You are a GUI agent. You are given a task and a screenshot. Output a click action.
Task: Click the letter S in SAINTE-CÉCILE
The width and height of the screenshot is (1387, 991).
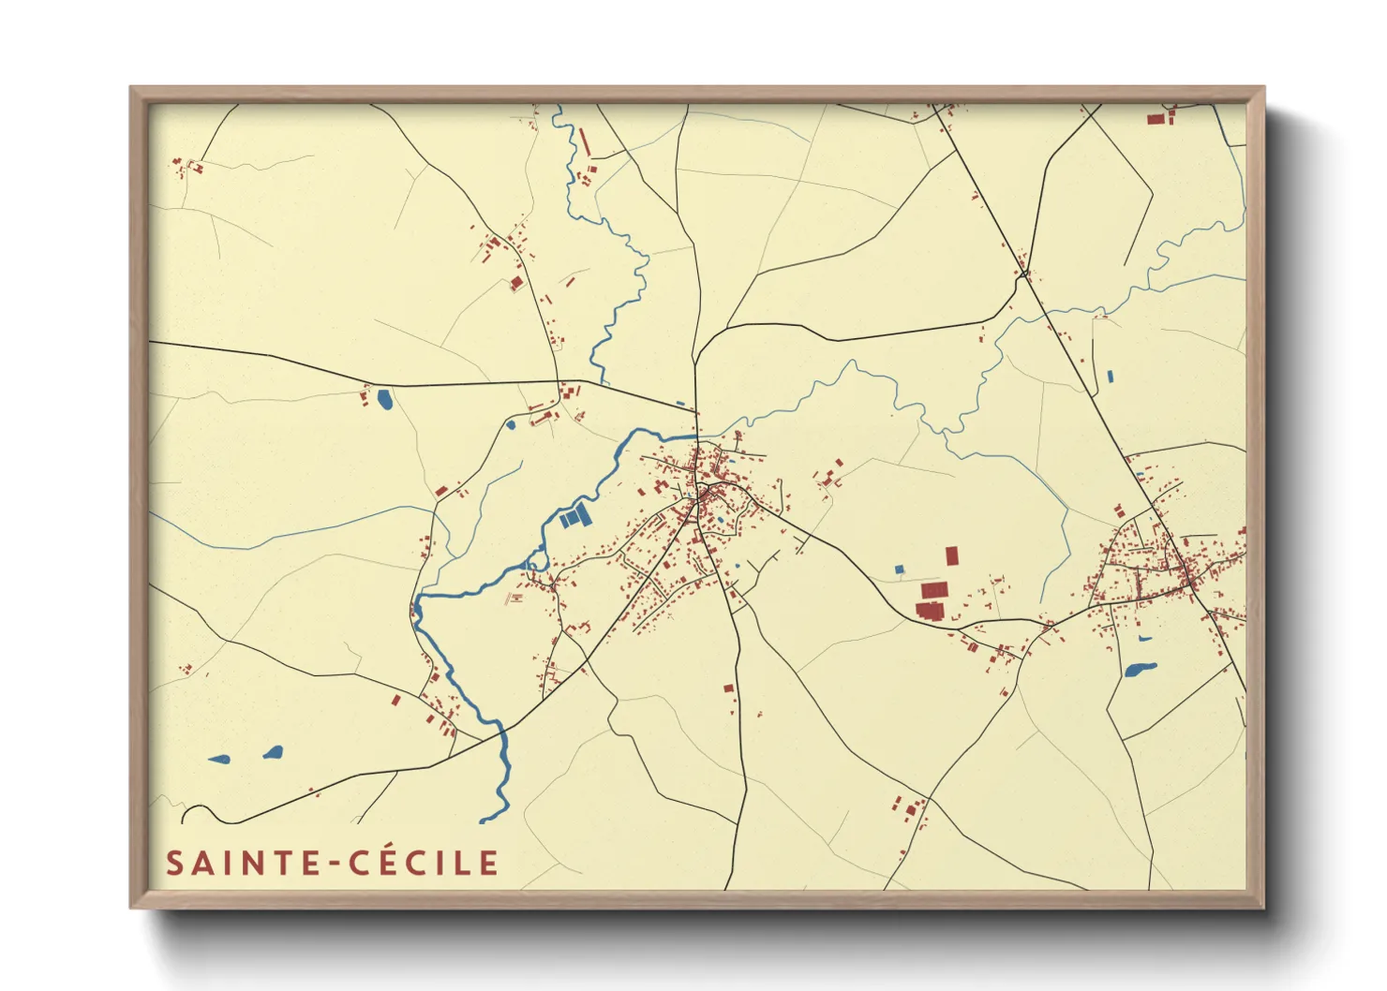[174, 863]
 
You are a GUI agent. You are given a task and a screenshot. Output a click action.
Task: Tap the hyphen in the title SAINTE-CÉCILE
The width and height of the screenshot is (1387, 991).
[335, 865]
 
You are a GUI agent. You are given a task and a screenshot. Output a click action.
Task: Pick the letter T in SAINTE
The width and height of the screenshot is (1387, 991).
[282, 863]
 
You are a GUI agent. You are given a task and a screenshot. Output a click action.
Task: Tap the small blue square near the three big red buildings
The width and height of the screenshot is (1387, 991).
[900, 569]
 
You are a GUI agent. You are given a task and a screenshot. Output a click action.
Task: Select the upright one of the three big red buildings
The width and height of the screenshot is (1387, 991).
[952, 555]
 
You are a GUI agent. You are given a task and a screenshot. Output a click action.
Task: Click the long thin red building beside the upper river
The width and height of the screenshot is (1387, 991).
[586, 142]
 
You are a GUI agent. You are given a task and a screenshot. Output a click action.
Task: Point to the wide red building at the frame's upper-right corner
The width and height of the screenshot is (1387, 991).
[1156, 119]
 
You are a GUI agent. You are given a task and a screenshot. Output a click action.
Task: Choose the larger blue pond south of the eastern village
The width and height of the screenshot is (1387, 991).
[1139, 670]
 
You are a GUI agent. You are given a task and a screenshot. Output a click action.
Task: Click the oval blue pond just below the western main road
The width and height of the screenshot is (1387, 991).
[384, 400]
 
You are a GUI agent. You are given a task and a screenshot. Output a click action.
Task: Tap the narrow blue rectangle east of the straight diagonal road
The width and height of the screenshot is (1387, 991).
[1111, 377]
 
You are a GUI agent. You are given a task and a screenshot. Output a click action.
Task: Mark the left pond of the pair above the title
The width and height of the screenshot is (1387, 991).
[218, 759]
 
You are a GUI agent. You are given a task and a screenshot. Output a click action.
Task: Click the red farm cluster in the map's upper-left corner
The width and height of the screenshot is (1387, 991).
[186, 167]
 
